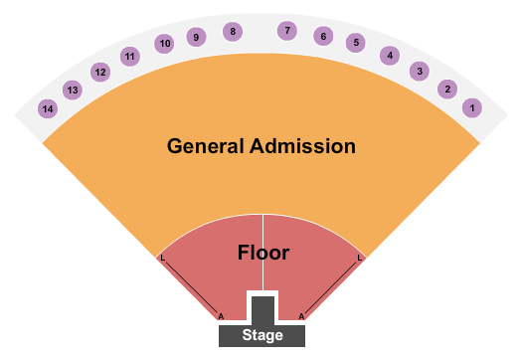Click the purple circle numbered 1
[x=473, y=107]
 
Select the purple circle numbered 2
[x=447, y=90]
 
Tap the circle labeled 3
[x=421, y=72]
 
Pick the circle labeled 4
[x=391, y=56]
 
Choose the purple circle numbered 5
[x=356, y=43]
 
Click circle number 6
[x=322, y=36]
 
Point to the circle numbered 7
[x=287, y=31]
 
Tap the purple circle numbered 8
[x=233, y=32]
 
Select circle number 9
[x=196, y=37]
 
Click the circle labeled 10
[x=165, y=43]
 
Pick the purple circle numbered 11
[x=130, y=57]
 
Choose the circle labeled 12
[x=100, y=72]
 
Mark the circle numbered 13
[x=72, y=90]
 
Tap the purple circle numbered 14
[x=48, y=108]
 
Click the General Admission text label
[x=261, y=146]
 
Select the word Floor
[x=263, y=253]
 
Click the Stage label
[x=262, y=335]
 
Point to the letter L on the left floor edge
[x=162, y=259]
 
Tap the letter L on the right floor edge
[x=359, y=259]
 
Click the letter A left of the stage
[x=221, y=316]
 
